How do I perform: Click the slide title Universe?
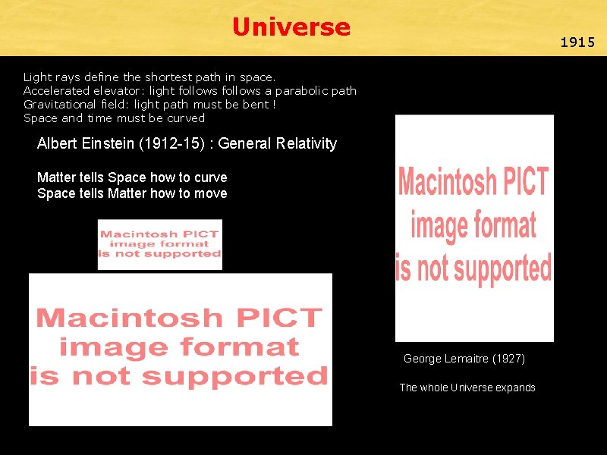coord(291,27)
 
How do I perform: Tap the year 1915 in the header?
coord(577,42)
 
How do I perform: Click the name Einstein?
coord(106,143)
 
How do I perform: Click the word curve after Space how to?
coord(211,177)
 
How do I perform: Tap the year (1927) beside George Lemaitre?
coord(508,359)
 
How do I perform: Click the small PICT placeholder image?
coord(160,244)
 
